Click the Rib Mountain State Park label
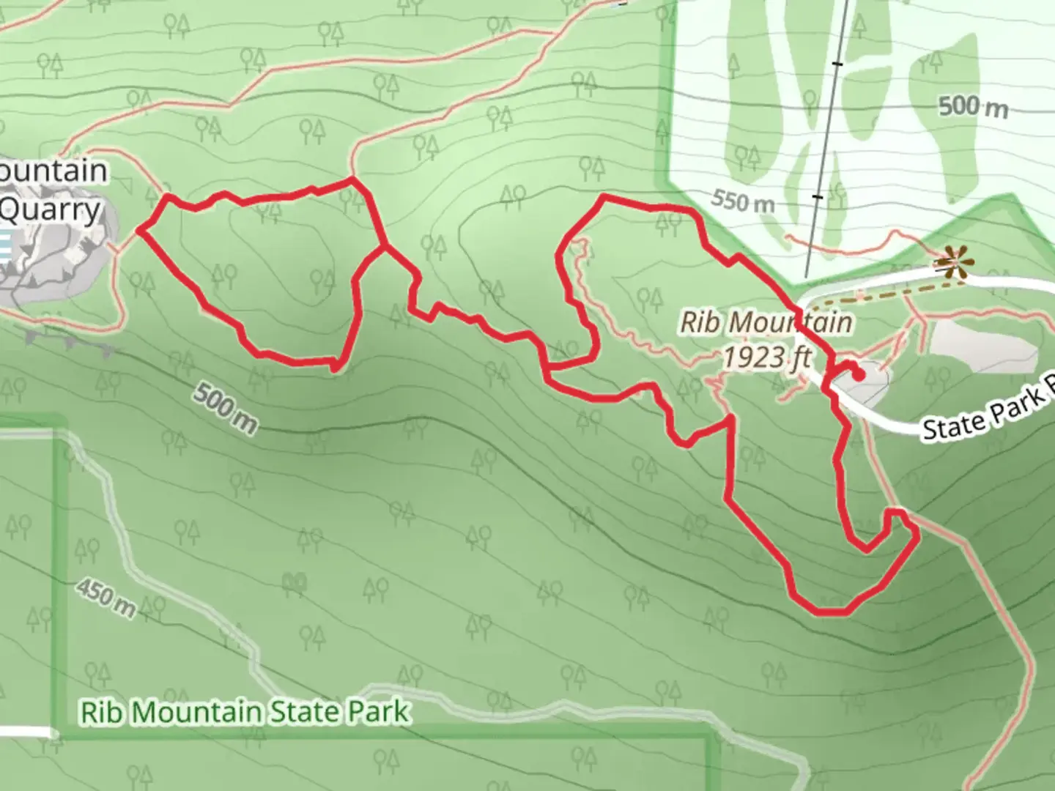[244, 712]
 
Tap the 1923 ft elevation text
[767, 357]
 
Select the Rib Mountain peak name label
[766, 322]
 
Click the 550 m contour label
[743, 200]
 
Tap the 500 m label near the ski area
[973, 108]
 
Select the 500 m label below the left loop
[226, 407]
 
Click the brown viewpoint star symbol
[951, 264]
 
